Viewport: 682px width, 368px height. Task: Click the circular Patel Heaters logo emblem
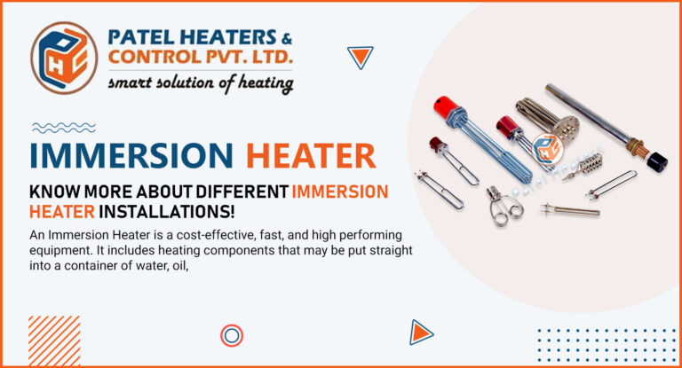point(64,58)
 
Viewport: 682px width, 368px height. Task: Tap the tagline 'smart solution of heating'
point(201,83)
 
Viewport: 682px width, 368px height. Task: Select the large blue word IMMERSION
point(131,155)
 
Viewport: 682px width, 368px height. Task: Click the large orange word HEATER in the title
point(311,155)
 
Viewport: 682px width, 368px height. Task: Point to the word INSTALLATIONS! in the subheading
point(167,212)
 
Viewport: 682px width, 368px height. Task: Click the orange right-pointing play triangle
point(421,333)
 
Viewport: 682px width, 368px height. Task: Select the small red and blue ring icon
point(232,336)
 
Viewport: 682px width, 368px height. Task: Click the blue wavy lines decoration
point(64,128)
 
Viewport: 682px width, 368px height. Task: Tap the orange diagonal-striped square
point(54,341)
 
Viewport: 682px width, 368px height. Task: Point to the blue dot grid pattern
point(607,346)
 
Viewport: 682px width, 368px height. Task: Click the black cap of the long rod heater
point(657,161)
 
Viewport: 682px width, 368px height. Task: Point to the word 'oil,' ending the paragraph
point(180,266)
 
